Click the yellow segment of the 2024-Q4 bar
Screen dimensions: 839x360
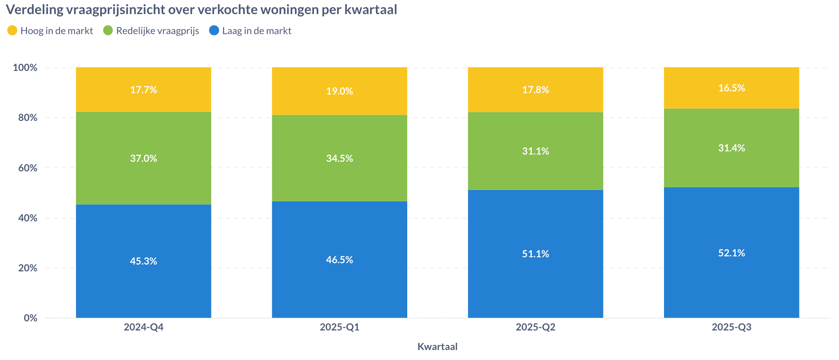click(x=143, y=90)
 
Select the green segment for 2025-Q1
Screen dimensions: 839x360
click(x=340, y=158)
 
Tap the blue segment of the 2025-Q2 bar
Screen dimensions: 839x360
click(x=535, y=254)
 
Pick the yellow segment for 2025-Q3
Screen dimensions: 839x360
click(x=731, y=88)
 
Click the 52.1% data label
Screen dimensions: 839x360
click(x=731, y=253)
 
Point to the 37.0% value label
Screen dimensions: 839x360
click(x=144, y=158)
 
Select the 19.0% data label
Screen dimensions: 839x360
click(x=340, y=91)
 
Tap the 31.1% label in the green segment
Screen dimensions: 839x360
click(x=535, y=151)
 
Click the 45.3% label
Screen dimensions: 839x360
click(x=144, y=261)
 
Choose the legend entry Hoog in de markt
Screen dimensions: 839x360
click(x=50, y=30)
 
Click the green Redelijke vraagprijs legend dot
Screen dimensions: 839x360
click(x=108, y=30)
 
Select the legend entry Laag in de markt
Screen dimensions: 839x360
click(x=250, y=30)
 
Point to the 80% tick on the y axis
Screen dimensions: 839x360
click(x=25, y=117)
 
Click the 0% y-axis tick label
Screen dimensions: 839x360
click(x=30, y=318)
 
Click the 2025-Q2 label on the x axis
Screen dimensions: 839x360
click(x=535, y=327)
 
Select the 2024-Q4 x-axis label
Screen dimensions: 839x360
click(x=144, y=327)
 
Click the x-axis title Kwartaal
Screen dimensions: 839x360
click(x=437, y=346)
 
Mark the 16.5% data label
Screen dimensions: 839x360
click(x=731, y=88)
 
